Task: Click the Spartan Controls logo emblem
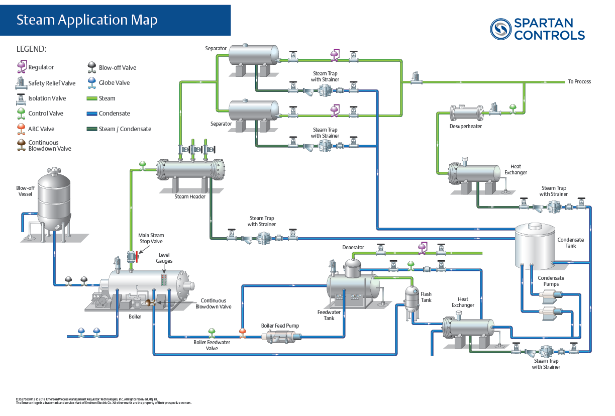[x=500, y=29]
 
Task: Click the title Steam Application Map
[x=87, y=20]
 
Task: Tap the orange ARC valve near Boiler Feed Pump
[x=243, y=333]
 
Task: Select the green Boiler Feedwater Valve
[x=212, y=333]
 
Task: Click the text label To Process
[x=579, y=81]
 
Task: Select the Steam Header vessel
[x=189, y=170]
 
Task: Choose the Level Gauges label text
[x=164, y=258]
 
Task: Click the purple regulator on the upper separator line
[x=335, y=53]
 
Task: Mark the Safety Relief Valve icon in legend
[x=21, y=83]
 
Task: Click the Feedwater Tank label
[x=329, y=315]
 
